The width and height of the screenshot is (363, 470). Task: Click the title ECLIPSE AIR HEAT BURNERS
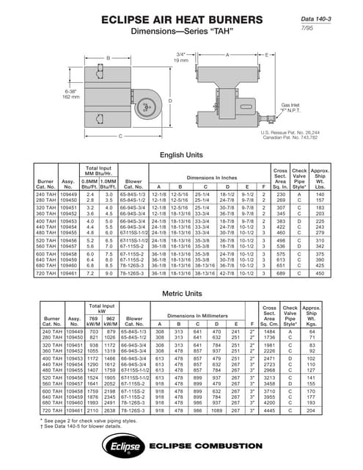[x=181, y=21]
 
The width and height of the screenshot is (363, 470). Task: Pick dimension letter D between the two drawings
[x=170, y=101]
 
